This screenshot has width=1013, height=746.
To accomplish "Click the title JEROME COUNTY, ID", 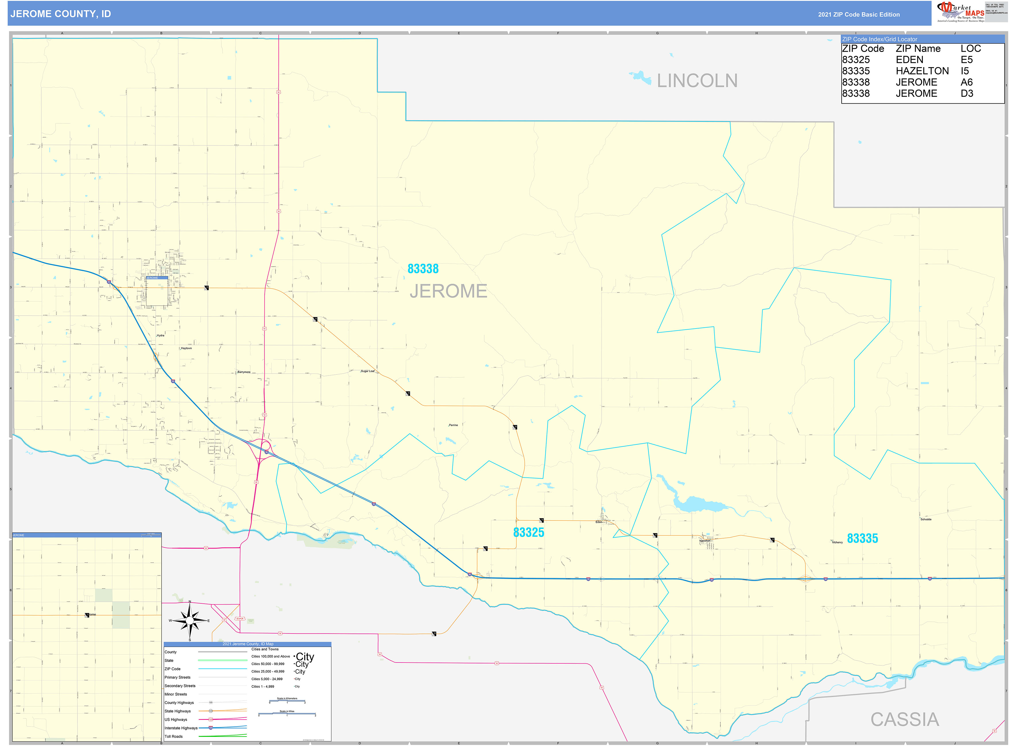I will click(x=61, y=13).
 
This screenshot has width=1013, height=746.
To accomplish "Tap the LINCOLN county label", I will click(x=696, y=81).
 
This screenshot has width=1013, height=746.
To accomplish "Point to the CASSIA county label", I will click(x=904, y=719).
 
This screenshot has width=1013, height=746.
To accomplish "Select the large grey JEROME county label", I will click(x=448, y=291).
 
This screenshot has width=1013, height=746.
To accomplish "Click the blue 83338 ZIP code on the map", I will click(x=423, y=269).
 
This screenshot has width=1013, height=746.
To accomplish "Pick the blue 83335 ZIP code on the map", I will click(x=862, y=538).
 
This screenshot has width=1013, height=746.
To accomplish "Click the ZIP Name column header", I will click(x=918, y=48).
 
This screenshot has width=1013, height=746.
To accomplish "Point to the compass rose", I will click(x=190, y=621).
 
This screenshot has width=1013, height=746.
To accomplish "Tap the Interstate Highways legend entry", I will click(x=181, y=728).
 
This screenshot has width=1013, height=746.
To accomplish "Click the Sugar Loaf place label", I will click(x=367, y=371).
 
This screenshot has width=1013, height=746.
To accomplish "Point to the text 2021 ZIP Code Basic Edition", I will click(x=859, y=14).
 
